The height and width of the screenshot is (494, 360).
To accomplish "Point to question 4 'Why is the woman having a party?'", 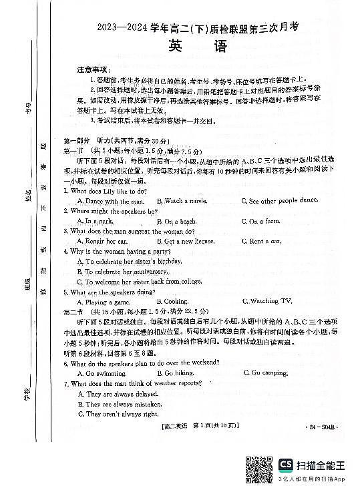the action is coord(120,252).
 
